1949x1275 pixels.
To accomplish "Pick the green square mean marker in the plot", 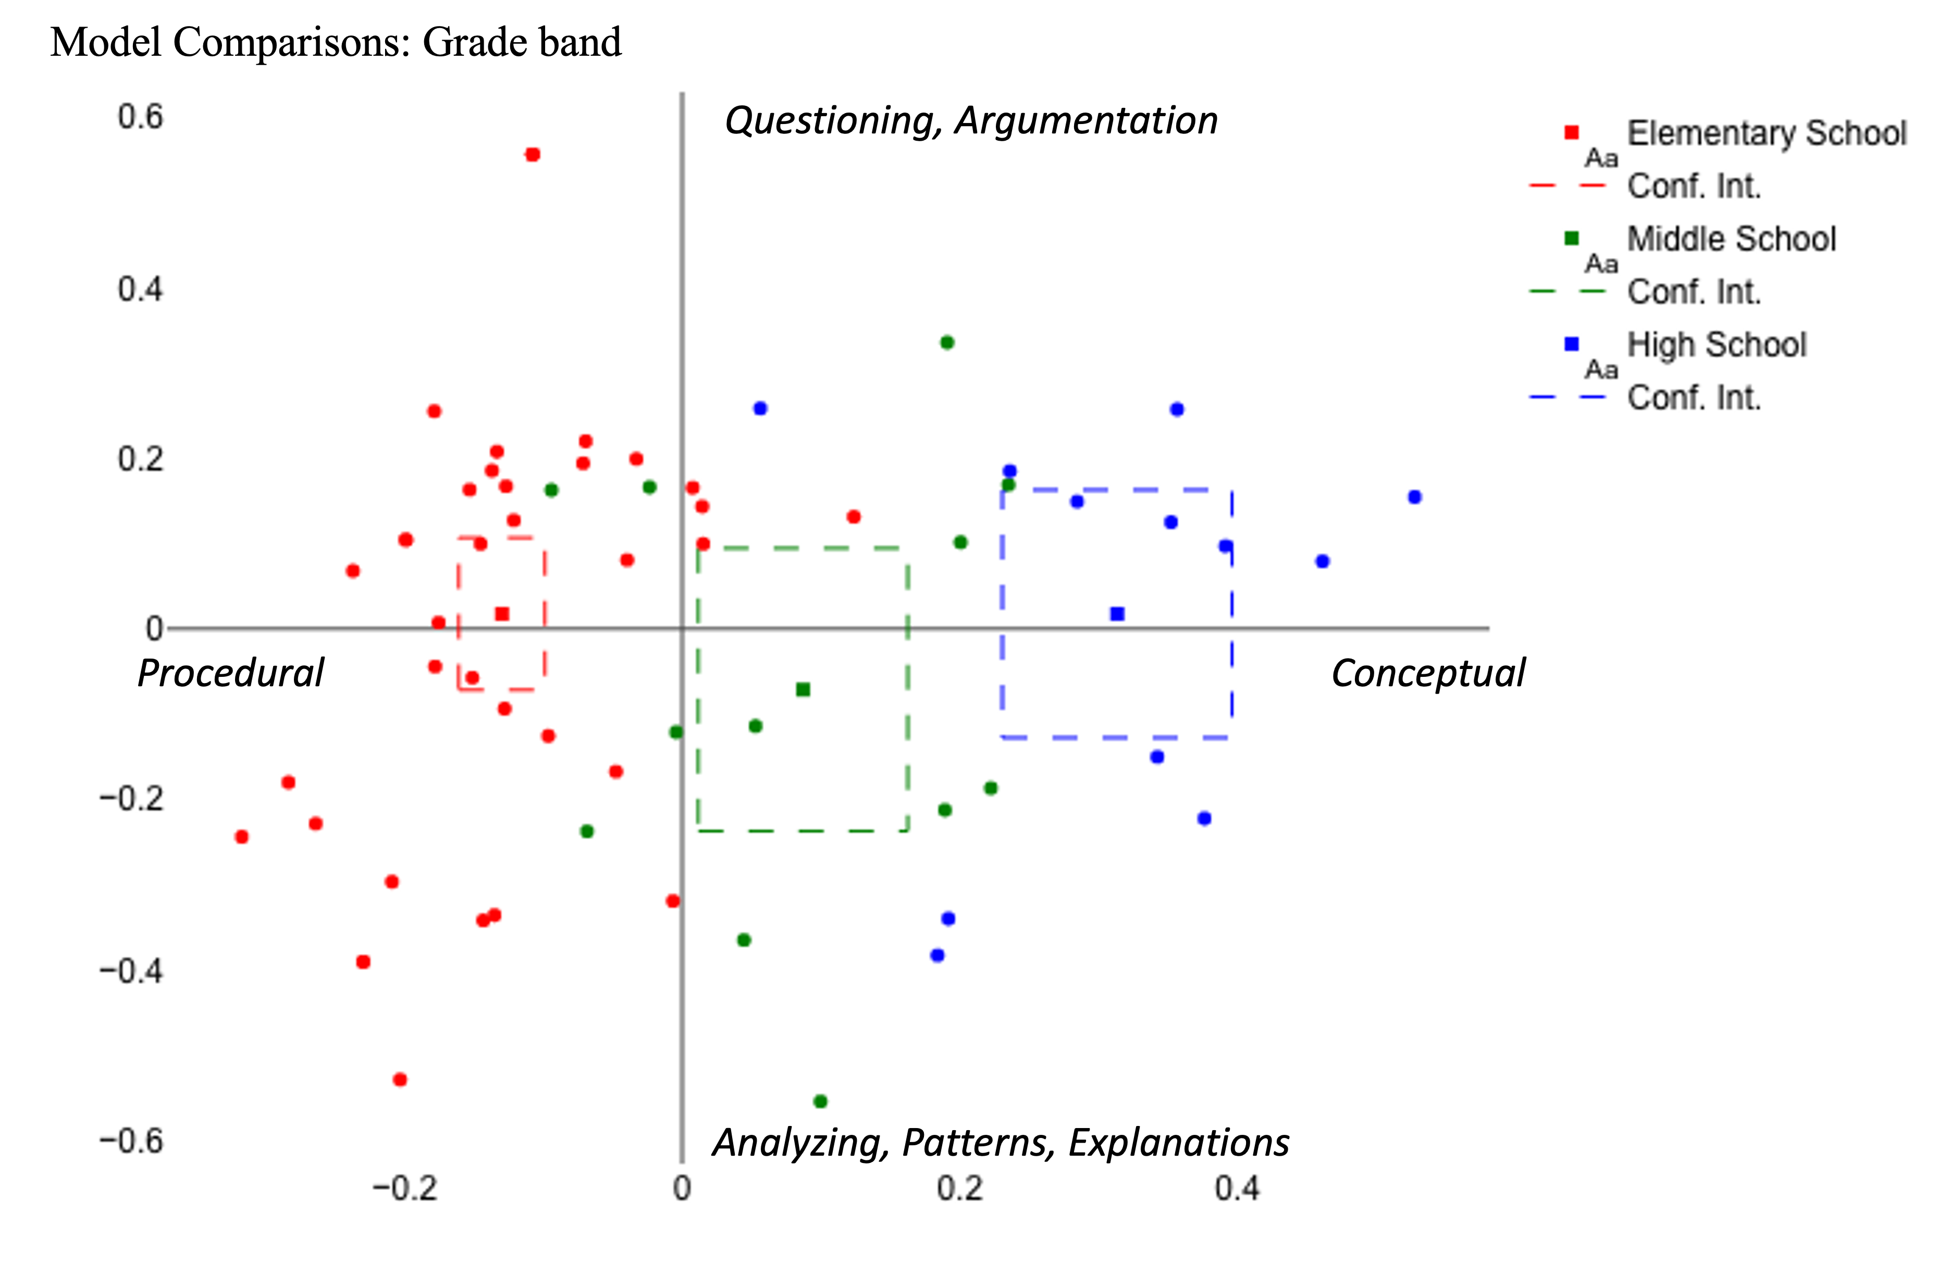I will point(804,689).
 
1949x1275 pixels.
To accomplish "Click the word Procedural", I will point(230,673).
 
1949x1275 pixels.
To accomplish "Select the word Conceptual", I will point(1427,673).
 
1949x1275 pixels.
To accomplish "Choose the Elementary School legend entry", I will point(1767,133).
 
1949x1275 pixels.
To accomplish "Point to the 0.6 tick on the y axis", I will point(140,117).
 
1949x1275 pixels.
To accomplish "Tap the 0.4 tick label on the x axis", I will point(1237,1188).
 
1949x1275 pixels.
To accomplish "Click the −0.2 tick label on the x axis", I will point(404,1188).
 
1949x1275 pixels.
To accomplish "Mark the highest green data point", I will point(947,342).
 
